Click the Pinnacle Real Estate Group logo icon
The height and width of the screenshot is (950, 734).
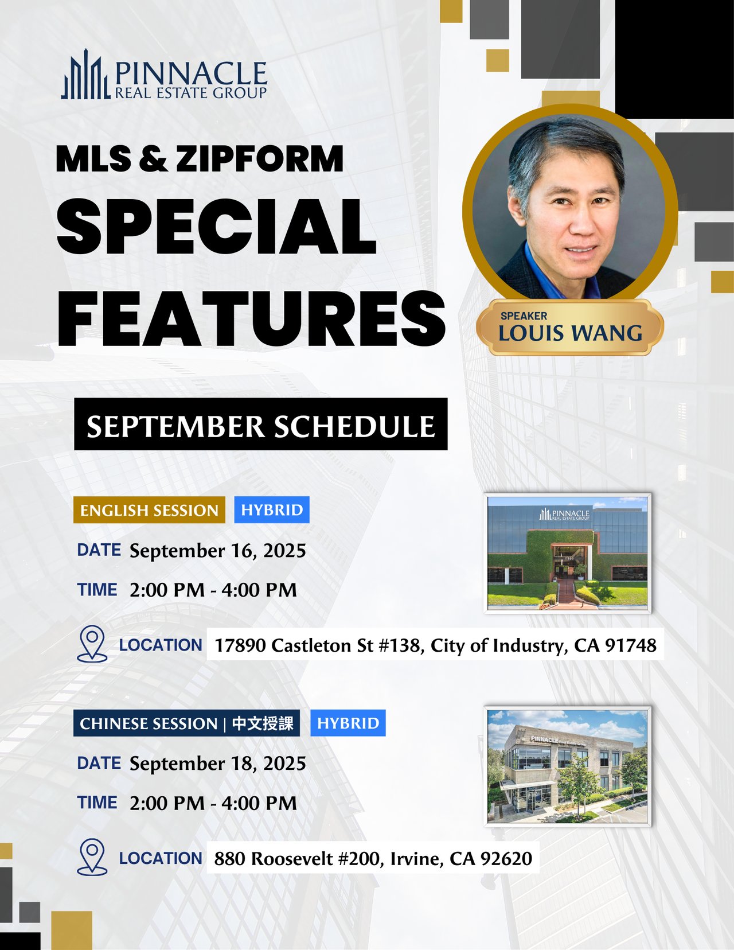85,75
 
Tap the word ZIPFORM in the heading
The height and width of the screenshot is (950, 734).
260,158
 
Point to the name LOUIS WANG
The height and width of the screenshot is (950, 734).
570,333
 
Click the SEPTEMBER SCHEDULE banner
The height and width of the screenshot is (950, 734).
261,424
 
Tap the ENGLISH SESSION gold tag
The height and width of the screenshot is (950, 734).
149,510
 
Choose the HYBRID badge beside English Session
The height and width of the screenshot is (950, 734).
272,510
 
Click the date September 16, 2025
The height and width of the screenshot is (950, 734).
217,551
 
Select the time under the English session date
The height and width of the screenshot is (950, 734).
213,590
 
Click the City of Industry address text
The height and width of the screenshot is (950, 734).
436,645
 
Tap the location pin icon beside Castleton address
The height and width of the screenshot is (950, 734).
92,644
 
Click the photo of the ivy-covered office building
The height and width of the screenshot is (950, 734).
568,553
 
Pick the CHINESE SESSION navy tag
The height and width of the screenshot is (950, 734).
186,723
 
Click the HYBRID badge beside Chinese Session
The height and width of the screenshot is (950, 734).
348,723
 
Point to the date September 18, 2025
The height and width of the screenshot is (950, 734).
217,764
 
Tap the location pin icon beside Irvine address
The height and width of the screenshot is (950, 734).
92,857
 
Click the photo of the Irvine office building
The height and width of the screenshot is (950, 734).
568,766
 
